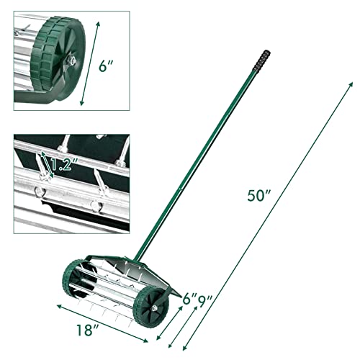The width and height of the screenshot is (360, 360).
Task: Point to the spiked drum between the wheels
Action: click(x=115, y=288)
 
